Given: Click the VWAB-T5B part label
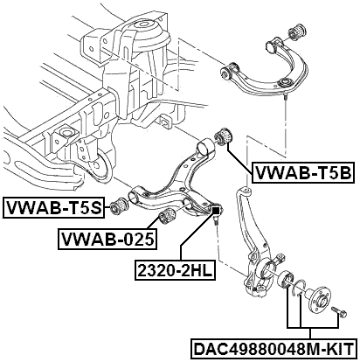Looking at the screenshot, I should pyautogui.click(x=301, y=173).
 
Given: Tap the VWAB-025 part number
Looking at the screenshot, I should pyautogui.click(x=107, y=238).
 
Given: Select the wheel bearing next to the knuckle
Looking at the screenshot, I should pyautogui.click(x=286, y=282).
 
